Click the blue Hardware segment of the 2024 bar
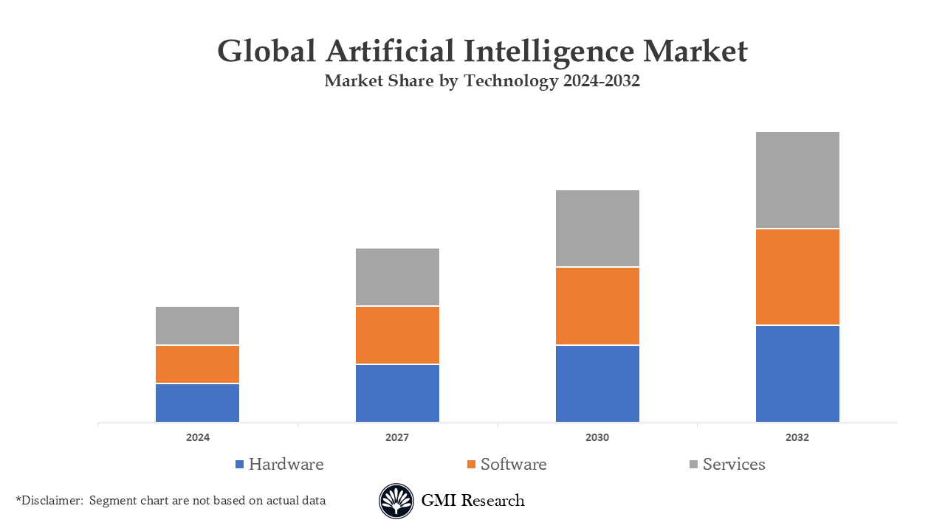[197, 403]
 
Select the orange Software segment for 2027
[397, 335]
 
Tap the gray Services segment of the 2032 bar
[797, 180]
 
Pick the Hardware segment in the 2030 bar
[597, 383]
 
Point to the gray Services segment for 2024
[197, 325]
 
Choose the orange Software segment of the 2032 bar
[797, 277]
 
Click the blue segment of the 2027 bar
[397, 393]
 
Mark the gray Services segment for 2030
[597, 228]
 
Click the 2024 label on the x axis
[197, 437]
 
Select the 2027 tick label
[397, 437]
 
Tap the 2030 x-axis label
[597, 437]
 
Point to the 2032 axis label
[797, 437]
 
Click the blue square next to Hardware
[239, 465]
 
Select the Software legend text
[513, 465]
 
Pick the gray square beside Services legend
[693, 465]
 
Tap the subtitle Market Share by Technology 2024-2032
[481, 81]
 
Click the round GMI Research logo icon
[396, 501]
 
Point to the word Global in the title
[267, 52]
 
